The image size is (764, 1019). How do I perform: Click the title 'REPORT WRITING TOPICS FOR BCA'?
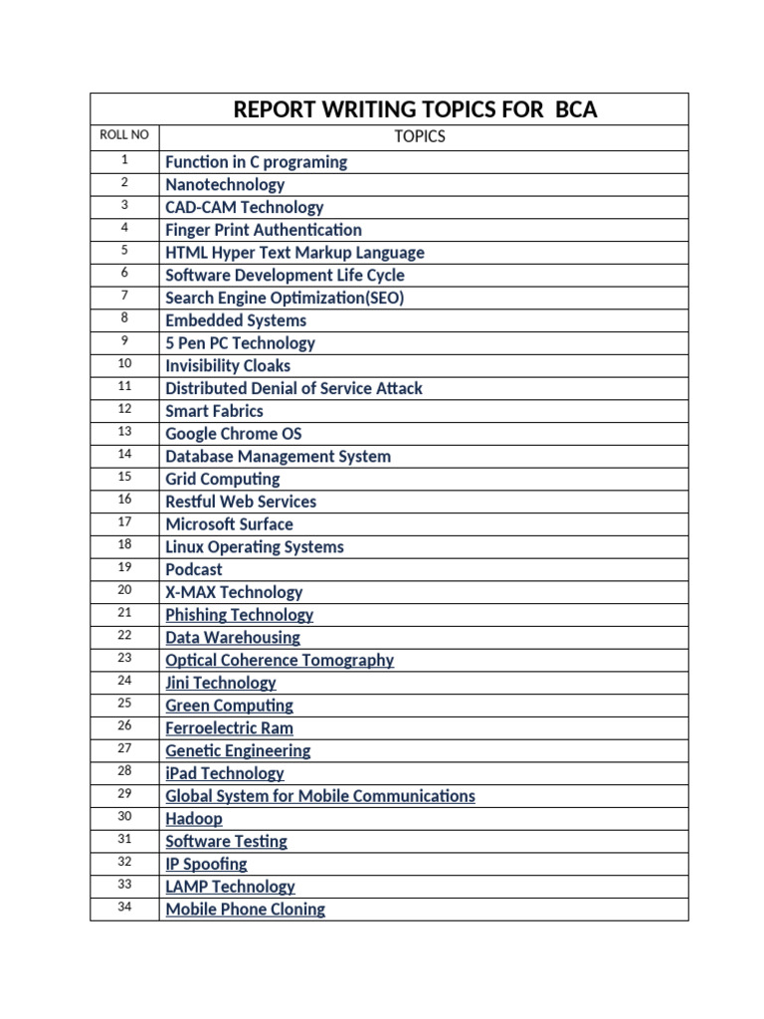tap(415, 109)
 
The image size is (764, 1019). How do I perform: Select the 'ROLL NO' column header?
tap(124, 135)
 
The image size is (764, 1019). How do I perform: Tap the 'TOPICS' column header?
tap(420, 136)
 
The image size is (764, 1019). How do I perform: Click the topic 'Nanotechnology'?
tap(225, 184)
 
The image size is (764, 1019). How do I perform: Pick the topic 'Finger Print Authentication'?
tap(264, 230)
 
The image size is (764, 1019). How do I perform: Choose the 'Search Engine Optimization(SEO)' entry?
tap(285, 298)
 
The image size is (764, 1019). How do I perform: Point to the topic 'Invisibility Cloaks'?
tap(228, 365)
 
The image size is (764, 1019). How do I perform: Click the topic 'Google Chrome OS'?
tap(233, 434)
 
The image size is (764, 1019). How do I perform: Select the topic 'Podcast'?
tap(194, 569)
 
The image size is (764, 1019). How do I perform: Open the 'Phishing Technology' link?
tap(239, 615)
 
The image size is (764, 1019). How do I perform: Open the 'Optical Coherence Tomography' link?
tap(280, 660)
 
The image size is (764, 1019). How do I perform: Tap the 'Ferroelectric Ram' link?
tap(229, 728)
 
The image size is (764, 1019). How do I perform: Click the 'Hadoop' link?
tap(194, 819)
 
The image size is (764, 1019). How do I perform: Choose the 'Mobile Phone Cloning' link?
tap(245, 909)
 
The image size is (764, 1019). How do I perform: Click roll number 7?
tap(124, 296)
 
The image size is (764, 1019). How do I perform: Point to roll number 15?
tap(124, 477)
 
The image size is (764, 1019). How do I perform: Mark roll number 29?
tap(124, 793)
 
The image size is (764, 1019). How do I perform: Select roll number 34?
tap(124, 907)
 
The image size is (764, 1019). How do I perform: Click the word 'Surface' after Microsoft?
tap(266, 524)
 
